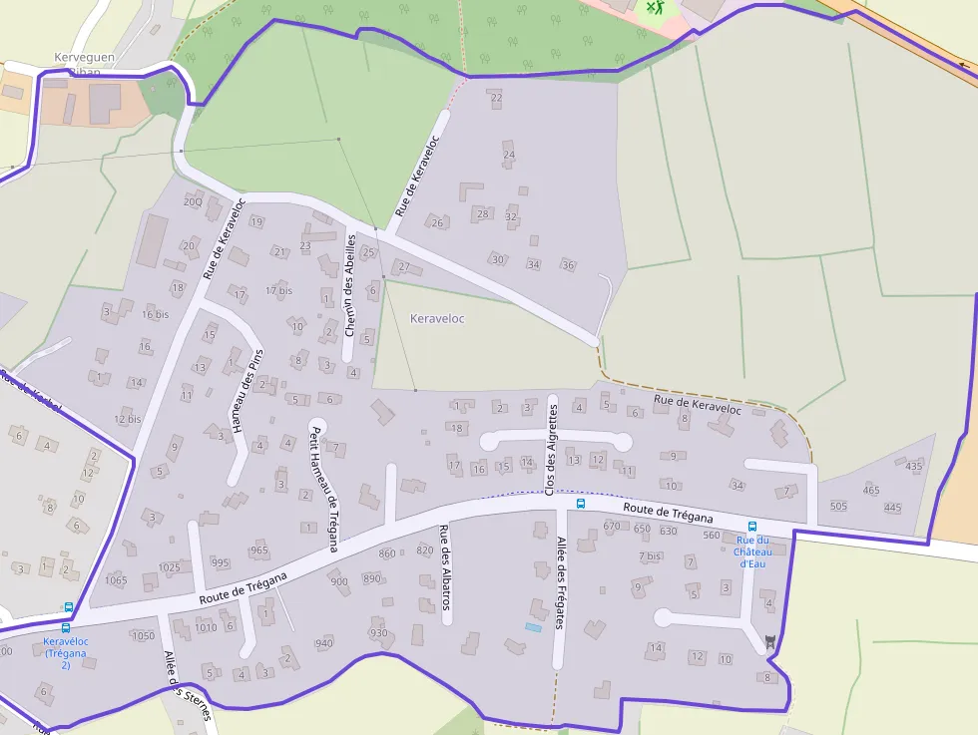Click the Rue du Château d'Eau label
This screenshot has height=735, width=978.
pyautogui.click(x=751, y=551)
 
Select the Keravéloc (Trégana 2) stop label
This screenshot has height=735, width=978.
pyautogui.click(x=66, y=652)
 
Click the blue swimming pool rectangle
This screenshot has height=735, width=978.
pyautogui.click(x=534, y=627)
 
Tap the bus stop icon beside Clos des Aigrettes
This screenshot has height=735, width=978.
pyautogui.click(x=581, y=504)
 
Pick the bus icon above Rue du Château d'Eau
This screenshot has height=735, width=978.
pyautogui.click(x=752, y=527)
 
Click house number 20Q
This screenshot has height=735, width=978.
pyautogui.click(x=193, y=201)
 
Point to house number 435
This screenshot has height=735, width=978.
pyautogui.click(x=914, y=466)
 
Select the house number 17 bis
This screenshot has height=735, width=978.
pyautogui.click(x=279, y=290)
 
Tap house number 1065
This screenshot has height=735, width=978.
pyautogui.click(x=116, y=580)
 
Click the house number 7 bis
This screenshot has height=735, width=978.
pyautogui.click(x=651, y=555)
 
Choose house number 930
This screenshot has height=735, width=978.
pyautogui.click(x=378, y=633)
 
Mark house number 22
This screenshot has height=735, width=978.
pyautogui.click(x=496, y=98)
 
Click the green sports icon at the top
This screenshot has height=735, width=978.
pyautogui.click(x=654, y=8)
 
